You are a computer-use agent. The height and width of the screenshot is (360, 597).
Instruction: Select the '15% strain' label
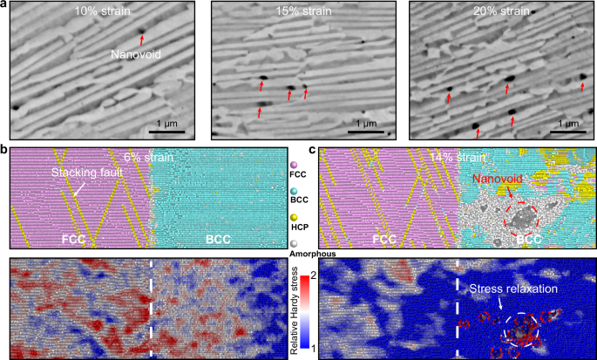click(x=295, y=16)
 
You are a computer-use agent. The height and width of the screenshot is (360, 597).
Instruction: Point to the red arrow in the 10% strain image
click(x=142, y=33)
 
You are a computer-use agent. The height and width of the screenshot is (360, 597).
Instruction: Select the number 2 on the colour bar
click(x=312, y=277)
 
